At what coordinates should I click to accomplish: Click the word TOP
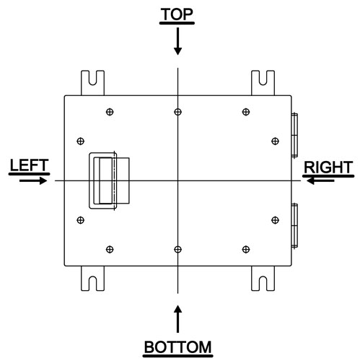(x=177, y=14)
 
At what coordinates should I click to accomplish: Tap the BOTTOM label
(x=177, y=347)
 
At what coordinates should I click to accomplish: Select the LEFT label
(x=30, y=165)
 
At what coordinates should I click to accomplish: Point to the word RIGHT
(x=328, y=168)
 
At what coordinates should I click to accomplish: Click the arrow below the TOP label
(x=177, y=41)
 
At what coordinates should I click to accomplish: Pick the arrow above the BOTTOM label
(x=177, y=319)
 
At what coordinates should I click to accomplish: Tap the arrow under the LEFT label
(x=33, y=180)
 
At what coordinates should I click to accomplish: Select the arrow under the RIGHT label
(x=320, y=180)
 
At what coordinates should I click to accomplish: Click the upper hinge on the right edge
(x=294, y=135)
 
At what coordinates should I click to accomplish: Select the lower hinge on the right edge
(x=294, y=225)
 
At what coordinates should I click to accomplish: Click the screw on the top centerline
(x=177, y=112)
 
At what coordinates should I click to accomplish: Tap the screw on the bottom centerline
(x=177, y=249)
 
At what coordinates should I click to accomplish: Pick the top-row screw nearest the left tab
(x=110, y=112)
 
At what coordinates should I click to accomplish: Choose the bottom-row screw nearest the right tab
(x=246, y=249)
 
